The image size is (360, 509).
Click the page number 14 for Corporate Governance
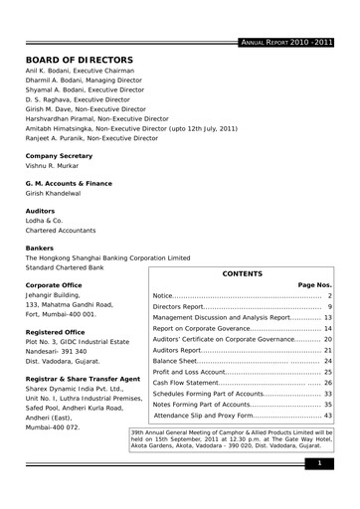pos(327,328)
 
